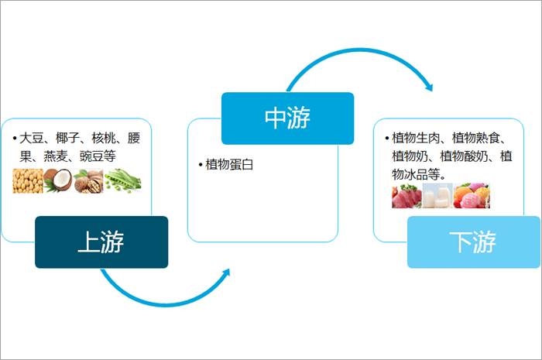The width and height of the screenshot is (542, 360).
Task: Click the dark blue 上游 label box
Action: pos(101,242)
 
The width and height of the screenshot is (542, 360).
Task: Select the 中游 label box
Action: pos(287,118)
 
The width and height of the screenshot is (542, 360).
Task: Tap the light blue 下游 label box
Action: pos(473,242)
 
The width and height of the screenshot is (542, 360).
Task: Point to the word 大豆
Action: pos(31,139)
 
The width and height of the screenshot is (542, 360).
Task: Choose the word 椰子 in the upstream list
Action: pos(67,139)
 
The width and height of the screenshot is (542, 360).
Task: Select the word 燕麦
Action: pos(56,156)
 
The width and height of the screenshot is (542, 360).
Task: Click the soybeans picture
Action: pos(27,180)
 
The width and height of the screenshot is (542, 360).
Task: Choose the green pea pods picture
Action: pos(123,180)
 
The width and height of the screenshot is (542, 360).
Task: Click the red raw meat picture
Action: pos(406,196)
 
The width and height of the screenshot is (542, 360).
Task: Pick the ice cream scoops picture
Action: pos(472,196)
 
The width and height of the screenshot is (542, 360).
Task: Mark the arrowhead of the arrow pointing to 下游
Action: pos(427,86)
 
